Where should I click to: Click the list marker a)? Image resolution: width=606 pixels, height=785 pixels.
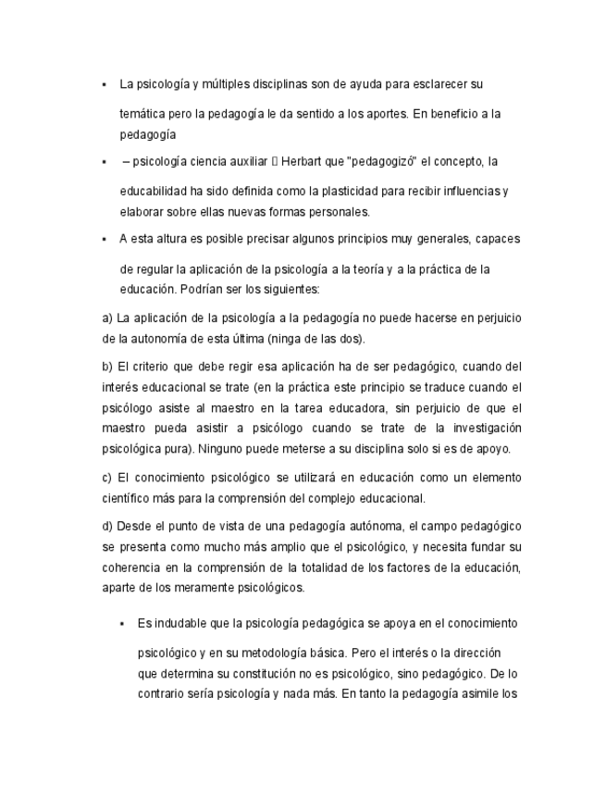(108, 318)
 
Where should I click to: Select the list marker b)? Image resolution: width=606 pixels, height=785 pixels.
(108, 367)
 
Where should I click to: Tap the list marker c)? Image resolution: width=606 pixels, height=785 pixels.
(108, 478)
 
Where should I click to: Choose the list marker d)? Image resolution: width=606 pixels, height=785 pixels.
(108, 527)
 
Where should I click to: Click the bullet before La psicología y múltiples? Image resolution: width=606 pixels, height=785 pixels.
(105, 84)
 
